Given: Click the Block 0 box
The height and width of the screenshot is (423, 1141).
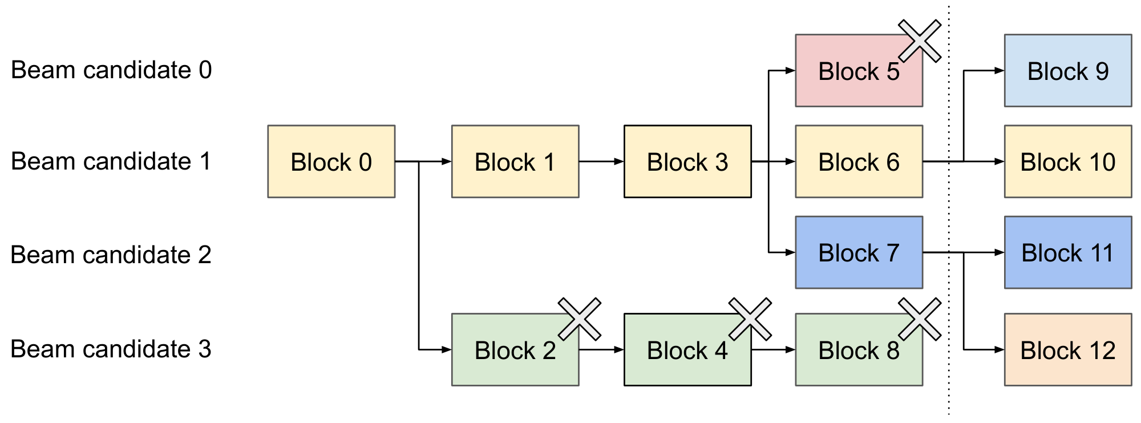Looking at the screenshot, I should tap(331, 162).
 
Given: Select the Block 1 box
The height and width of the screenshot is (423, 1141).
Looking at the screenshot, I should tap(515, 162).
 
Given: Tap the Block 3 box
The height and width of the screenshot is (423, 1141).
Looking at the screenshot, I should tap(687, 162).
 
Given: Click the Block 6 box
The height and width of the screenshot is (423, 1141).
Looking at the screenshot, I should tap(858, 162).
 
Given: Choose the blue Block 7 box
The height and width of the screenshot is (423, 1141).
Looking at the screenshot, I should tap(858, 252).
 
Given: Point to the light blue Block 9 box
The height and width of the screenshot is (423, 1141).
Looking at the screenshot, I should tap(1067, 71).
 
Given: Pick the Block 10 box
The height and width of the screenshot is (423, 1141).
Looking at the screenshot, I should tap(1067, 162).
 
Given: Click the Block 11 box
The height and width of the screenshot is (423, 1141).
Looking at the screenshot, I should tap(1067, 252).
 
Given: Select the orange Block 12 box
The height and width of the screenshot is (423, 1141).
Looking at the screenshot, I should tap(1067, 349).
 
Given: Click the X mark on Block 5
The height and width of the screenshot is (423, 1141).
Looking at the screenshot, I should tap(919, 41).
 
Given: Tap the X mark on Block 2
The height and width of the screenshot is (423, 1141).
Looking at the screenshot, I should tap(579, 319).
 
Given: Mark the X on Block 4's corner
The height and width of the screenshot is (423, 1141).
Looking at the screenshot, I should tap(750, 319).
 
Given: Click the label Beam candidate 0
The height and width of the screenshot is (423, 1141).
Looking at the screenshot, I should tap(111, 70).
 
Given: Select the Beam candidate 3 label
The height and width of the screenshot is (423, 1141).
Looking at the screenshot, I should tap(111, 349).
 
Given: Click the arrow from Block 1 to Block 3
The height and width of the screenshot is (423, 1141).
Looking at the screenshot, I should tap(601, 162).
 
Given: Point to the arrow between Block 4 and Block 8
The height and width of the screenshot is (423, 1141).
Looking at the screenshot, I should tap(774, 349).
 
